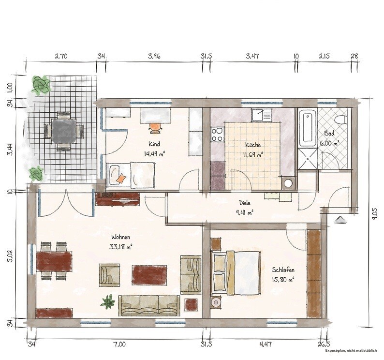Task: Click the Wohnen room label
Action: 120,237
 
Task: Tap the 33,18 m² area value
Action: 121,247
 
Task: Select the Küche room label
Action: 253,145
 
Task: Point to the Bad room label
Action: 329,134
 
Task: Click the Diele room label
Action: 245,203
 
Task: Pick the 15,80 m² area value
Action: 283,279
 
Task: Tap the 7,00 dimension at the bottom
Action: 120,345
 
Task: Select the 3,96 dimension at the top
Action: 154,56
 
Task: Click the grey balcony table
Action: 63,131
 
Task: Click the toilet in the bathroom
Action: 341,120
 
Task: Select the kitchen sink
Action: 261,115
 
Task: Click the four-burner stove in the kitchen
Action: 218,135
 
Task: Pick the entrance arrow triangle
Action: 340,220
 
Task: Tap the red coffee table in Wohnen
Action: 149,275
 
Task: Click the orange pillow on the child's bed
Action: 121,178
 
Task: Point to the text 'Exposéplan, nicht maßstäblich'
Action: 351,351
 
